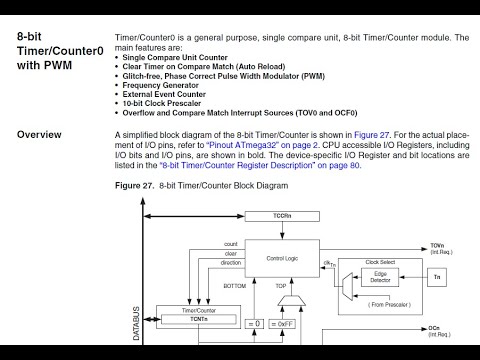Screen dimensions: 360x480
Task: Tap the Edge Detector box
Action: click(x=381, y=277)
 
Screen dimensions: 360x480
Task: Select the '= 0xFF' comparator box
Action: click(x=286, y=323)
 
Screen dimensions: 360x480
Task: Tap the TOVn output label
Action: click(x=437, y=244)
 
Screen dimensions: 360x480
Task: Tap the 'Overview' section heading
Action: click(x=39, y=134)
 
